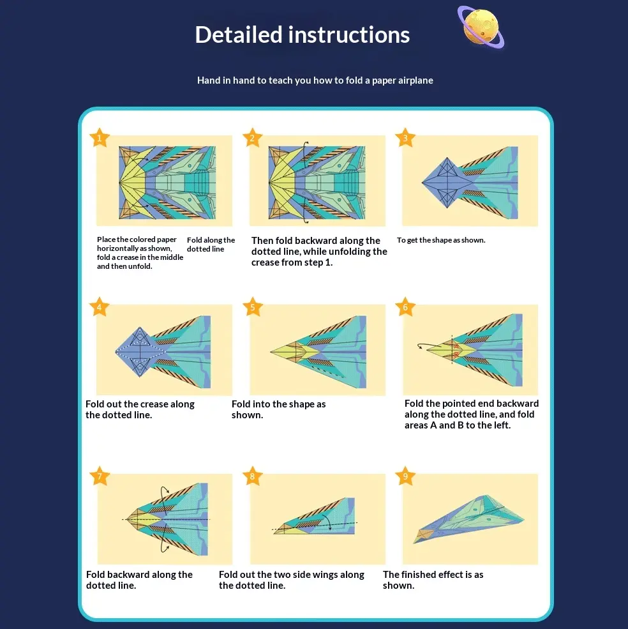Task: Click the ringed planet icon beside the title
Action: pos(481,27)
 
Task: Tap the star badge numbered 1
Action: pos(99,138)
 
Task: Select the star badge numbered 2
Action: pos(252,138)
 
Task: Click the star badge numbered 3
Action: pos(405,138)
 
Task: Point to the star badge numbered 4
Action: pos(99,307)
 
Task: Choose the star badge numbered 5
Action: pos(252,307)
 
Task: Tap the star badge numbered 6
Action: pos(405,307)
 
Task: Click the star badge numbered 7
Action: pos(99,476)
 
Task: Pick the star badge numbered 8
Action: pos(252,476)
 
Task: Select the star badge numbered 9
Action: pos(405,476)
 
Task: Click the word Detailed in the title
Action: pos(239,34)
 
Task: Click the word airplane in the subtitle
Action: pos(415,80)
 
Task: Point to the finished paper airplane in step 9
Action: pos(468,519)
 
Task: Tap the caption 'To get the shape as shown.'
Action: pos(441,240)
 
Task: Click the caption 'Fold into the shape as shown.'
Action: pos(279,409)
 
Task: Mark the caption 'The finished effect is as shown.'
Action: pos(433,580)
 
